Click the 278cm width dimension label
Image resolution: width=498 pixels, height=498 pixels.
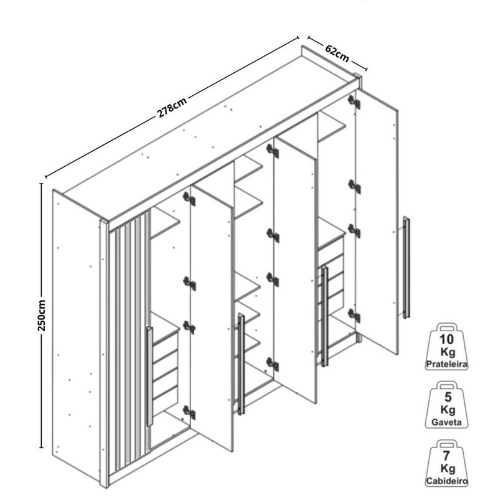point(172,107)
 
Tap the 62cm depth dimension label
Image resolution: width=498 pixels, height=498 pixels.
point(337,52)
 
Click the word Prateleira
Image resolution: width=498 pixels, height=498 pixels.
point(446,364)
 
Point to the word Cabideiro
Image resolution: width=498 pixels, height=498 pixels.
point(446,481)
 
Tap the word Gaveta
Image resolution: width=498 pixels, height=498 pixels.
point(446,422)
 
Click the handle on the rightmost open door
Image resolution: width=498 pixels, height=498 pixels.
point(406,267)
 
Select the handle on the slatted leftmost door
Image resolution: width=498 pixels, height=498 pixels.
point(149,376)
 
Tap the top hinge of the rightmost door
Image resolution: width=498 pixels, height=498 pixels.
point(354,101)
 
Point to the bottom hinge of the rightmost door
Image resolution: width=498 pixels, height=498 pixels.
point(354,316)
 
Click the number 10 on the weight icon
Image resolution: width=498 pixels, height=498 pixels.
point(446,339)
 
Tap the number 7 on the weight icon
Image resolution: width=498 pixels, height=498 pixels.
point(446,456)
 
